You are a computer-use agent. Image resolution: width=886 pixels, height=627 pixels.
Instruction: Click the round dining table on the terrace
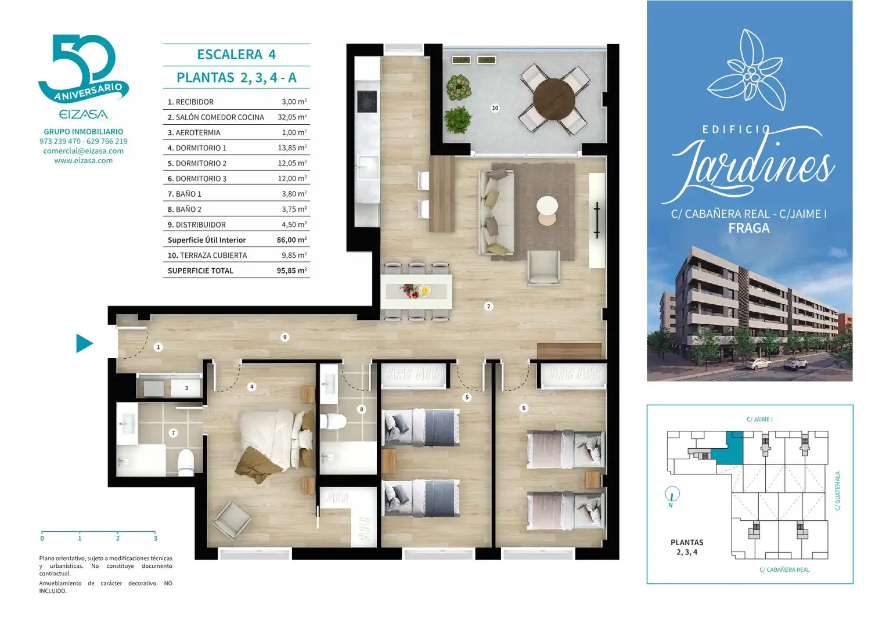pyautogui.click(x=553, y=99)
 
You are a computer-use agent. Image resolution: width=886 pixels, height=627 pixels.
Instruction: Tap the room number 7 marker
pyautogui.click(x=173, y=433)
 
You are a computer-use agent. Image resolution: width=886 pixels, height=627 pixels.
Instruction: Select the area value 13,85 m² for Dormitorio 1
pyautogui.click(x=292, y=147)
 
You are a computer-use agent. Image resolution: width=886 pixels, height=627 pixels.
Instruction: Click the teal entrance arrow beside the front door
pyautogui.click(x=84, y=343)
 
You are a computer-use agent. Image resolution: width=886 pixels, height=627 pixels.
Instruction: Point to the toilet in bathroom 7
pyautogui.click(x=186, y=463)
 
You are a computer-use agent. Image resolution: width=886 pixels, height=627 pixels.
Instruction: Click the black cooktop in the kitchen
pyautogui.click(x=367, y=102)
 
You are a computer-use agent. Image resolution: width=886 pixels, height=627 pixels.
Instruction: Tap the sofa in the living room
pyautogui.click(x=496, y=212)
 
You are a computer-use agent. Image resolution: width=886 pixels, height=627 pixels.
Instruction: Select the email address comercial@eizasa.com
pyautogui.click(x=84, y=151)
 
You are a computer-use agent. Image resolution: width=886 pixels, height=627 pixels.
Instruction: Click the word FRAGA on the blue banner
pyautogui.click(x=749, y=228)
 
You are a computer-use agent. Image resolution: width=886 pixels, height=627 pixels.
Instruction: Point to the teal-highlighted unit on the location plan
pyautogui.click(x=730, y=449)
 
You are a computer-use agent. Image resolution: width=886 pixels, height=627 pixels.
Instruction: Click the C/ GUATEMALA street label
pyautogui.click(x=837, y=491)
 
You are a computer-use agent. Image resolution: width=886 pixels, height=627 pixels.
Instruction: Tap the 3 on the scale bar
pyautogui.click(x=156, y=538)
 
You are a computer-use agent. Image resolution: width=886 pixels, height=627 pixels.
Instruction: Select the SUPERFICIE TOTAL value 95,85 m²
pyautogui.click(x=292, y=271)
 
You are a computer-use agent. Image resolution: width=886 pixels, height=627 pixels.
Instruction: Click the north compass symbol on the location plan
pyautogui.click(x=672, y=495)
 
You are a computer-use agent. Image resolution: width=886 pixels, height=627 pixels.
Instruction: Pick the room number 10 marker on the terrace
pyautogui.click(x=495, y=108)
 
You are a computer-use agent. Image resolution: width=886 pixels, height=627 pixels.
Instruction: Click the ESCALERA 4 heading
pyautogui.click(x=236, y=54)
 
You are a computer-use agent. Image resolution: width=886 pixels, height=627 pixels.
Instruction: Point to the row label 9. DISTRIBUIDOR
pyautogui.click(x=197, y=225)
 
